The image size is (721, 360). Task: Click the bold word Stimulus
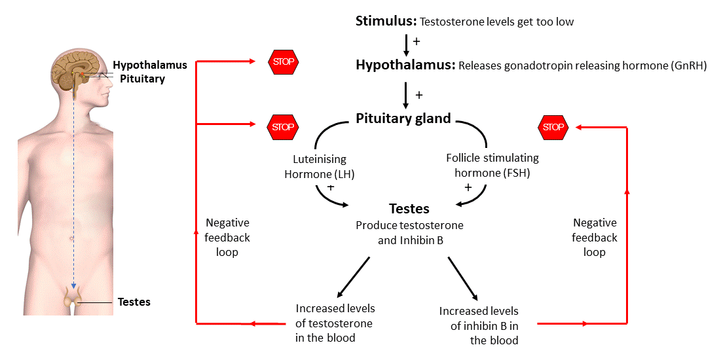pos(386,21)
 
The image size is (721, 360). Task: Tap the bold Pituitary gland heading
pos(403,118)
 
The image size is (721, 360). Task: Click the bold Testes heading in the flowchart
pos(409,209)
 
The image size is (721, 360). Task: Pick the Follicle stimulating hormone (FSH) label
pos(492,166)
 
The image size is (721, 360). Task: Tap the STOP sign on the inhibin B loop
pos(553,127)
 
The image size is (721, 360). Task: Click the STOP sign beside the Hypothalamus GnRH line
pos(283,62)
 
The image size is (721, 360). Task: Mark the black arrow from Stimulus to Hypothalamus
pos(406,45)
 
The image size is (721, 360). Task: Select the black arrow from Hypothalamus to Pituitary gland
pos(406,95)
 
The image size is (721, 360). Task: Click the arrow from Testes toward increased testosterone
pos(354,276)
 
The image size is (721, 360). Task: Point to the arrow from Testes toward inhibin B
pos(464,278)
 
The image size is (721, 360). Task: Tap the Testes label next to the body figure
pos(134,302)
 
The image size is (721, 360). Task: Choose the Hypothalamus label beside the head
pos(149,65)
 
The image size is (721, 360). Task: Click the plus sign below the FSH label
pos(468,187)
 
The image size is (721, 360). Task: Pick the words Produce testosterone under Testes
pos(409,225)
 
